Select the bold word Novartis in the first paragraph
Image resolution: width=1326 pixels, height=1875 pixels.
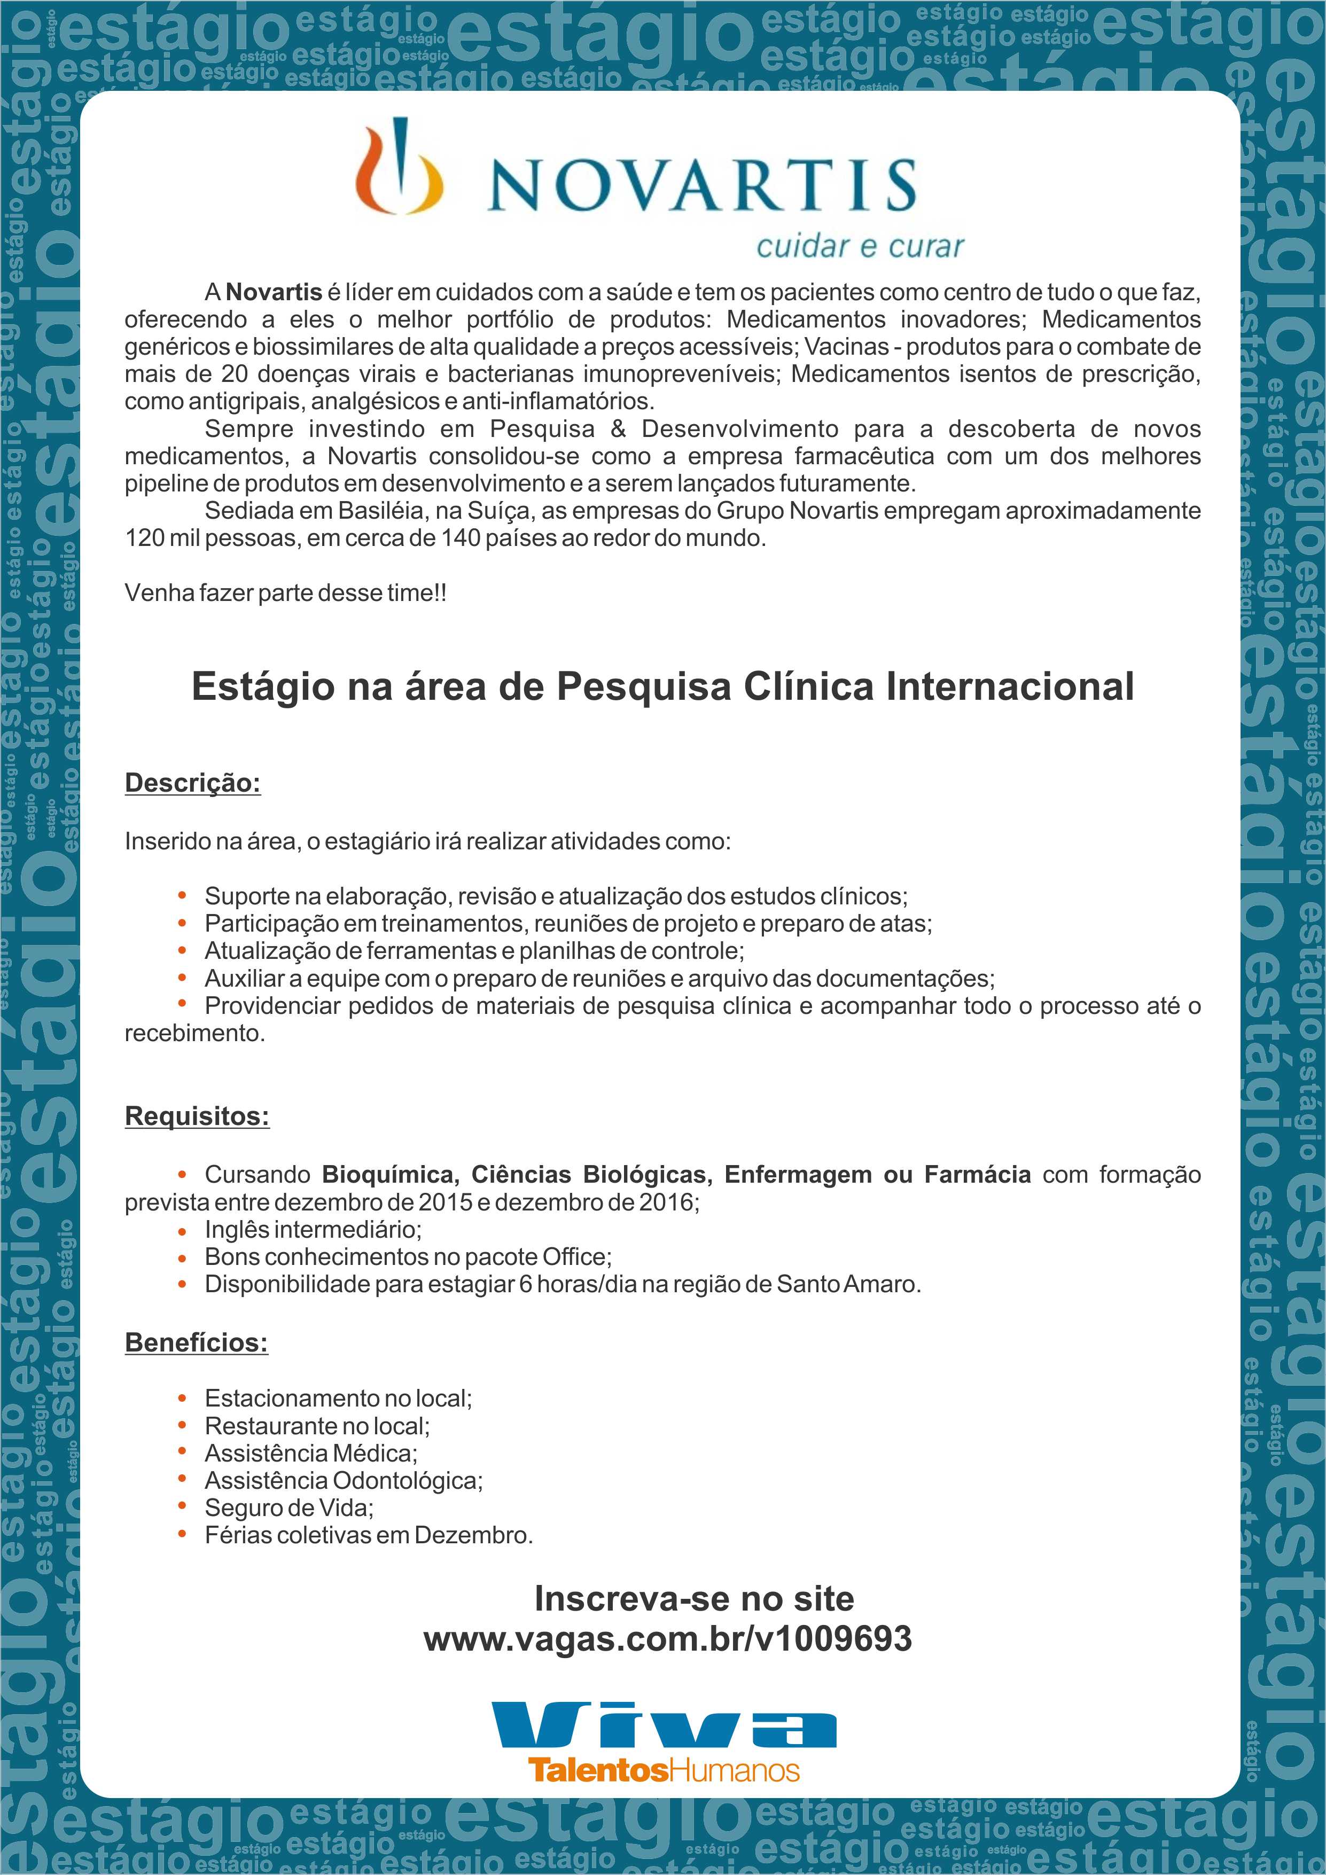(274, 292)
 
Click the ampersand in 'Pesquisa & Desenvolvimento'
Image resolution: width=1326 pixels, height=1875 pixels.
(618, 429)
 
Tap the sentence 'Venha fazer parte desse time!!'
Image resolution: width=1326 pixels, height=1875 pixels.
(286, 593)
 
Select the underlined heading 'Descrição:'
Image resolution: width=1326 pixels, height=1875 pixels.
(193, 783)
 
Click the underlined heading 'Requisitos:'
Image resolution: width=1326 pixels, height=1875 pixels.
(197, 1116)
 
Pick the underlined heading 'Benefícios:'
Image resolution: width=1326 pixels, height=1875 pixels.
(196, 1342)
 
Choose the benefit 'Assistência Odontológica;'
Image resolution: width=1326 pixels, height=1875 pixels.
(344, 1481)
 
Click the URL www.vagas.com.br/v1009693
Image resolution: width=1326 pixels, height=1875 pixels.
(667, 1639)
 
